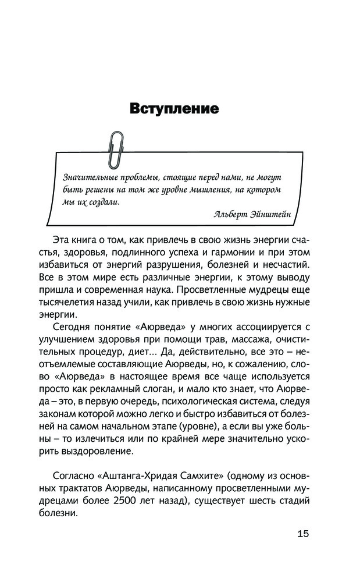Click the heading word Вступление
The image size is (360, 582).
click(x=174, y=109)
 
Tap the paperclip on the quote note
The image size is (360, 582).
click(x=116, y=148)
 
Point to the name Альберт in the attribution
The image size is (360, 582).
click(x=231, y=214)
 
